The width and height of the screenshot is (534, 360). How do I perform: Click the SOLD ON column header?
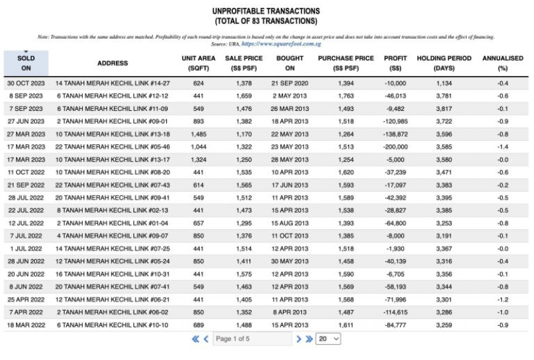tap(26, 63)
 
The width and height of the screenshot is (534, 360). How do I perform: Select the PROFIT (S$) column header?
tap(395, 63)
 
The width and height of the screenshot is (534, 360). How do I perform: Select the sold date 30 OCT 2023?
tap(26, 83)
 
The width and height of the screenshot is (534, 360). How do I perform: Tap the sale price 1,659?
tap(244, 96)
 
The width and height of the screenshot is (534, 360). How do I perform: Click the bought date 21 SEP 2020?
tap(290, 83)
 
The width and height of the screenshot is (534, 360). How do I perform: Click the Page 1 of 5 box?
tap(252, 339)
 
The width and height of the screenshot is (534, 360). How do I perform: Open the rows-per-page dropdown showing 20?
tap(328, 339)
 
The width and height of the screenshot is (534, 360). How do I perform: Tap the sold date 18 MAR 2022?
tap(26, 324)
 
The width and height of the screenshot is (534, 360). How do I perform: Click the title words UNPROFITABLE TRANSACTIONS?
tap(266, 11)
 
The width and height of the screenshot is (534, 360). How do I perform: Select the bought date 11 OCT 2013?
tap(290, 235)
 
